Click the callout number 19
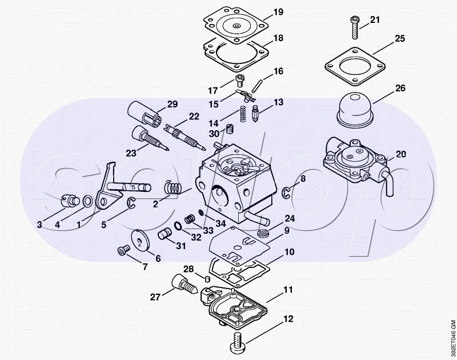[278, 12]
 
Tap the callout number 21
[375, 20]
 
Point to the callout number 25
[400, 39]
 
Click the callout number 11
[288, 289]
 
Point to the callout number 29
[172, 104]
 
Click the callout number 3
[39, 225]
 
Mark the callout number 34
[221, 223]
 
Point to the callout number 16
[278, 72]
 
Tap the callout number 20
[401, 154]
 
